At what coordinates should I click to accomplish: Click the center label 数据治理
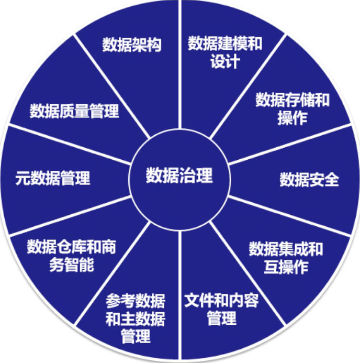pyautogui.click(x=179, y=175)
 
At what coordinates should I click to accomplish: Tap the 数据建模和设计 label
pyautogui.click(x=225, y=52)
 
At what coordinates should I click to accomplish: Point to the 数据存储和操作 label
pyautogui.click(x=292, y=108)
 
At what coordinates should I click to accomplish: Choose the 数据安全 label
pyautogui.click(x=309, y=179)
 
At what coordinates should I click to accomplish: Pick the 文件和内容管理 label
pyautogui.click(x=221, y=309)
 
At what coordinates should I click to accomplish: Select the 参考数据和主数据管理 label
pyautogui.click(x=136, y=317)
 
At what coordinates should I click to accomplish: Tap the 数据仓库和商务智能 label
pyautogui.click(x=71, y=255)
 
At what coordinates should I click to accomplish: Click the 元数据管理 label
pyautogui.click(x=53, y=178)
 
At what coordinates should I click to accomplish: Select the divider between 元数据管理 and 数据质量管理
pyautogui.click(x=68, y=142)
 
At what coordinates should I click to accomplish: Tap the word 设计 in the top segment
pyautogui.click(x=225, y=61)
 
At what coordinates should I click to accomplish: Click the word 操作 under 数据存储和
pyautogui.click(x=292, y=118)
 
